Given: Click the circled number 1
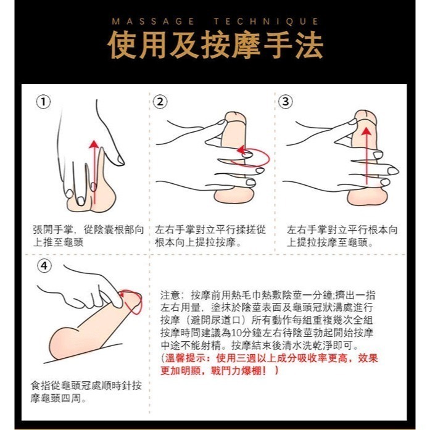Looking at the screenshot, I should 43,102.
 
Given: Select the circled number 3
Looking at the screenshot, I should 286,102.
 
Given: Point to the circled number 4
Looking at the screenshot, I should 43,266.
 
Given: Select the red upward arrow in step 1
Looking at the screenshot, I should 93,167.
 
